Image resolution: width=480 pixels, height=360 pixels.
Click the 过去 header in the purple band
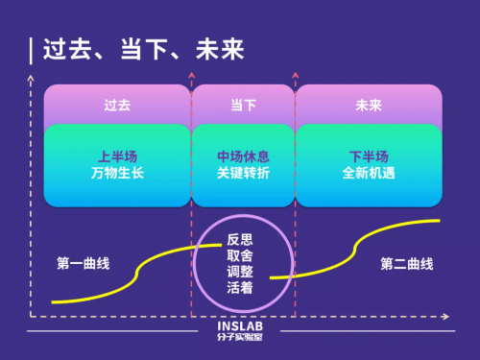tap(116, 105)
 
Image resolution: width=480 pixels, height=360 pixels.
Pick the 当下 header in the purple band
tap(243, 105)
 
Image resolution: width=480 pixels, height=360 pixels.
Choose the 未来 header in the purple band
tap(369, 105)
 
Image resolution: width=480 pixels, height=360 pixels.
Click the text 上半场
tap(116, 155)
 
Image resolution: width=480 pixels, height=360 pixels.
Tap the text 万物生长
tap(116, 174)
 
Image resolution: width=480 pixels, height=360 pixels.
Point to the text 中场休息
tap(243, 155)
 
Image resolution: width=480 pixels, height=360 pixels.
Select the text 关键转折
tap(243, 174)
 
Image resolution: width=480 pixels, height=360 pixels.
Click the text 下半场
tap(369, 155)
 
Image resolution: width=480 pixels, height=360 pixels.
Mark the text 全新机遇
tap(369, 174)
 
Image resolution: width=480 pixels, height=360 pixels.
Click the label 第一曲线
tap(83, 263)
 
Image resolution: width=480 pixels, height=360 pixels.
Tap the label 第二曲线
tap(407, 263)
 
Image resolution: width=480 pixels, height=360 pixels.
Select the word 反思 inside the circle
tap(241, 238)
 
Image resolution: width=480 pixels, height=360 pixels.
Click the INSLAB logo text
tap(240, 325)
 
